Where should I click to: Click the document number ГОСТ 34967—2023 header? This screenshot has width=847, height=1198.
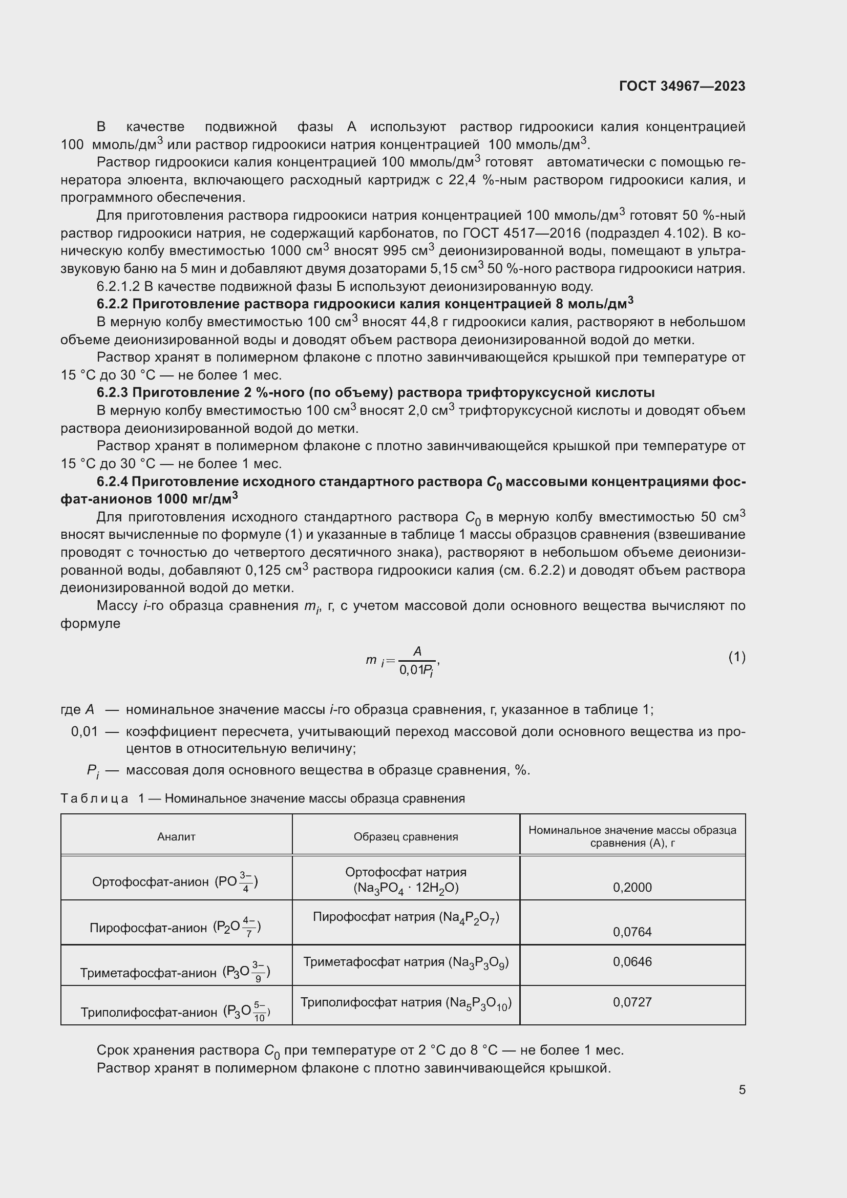click(682, 86)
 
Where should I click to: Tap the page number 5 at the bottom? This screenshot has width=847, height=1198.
click(742, 1089)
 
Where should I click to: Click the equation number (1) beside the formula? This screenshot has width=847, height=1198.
click(736, 657)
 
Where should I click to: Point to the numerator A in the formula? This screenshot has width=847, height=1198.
click(417, 650)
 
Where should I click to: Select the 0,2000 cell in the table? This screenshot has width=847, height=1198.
click(632, 887)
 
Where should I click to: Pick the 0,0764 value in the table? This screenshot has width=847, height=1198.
click(632, 931)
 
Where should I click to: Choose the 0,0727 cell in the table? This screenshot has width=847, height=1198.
click(632, 1001)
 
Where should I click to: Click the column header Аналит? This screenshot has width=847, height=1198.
click(176, 836)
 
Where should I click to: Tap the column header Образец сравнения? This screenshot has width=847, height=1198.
click(406, 836)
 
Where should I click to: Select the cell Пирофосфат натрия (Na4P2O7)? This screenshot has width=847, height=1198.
click(406, 917)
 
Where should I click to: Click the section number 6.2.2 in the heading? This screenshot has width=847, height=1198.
click(112, 304)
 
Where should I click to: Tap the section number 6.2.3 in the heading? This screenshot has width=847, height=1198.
click(112, 392)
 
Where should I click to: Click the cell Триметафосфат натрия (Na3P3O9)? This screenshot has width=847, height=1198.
click(406, 962)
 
